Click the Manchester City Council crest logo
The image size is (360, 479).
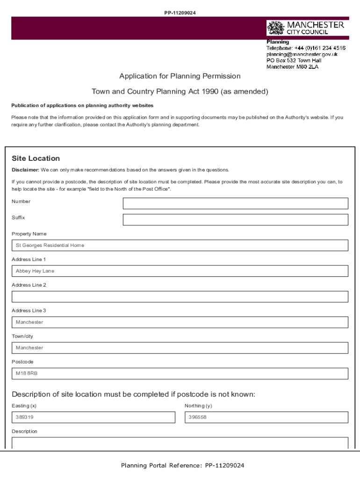point(275,28)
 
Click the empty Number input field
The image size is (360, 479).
point(235,203)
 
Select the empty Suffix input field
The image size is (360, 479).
point(235,220)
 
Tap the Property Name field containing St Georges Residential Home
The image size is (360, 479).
point(180,246)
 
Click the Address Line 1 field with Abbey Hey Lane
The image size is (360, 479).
point(180,271)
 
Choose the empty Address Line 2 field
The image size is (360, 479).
point(180,297)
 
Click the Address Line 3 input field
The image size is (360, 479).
point(180,322)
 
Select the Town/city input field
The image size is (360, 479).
point(180,348)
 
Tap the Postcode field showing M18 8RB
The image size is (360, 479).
point(180,374)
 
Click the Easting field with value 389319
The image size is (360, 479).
point(94,417)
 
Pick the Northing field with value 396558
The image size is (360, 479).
point(266,417)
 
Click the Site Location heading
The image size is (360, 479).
point(36,159)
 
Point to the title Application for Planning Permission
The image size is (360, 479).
point(180,76)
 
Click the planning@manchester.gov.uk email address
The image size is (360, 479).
point(302,54)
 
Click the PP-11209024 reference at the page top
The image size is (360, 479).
point(180,13)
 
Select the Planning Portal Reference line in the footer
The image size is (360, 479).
point(182,465)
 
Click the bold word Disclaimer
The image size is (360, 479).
point(25,170)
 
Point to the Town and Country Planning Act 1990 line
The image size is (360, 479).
point(180,92)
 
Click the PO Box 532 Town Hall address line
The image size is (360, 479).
point(294,60)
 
